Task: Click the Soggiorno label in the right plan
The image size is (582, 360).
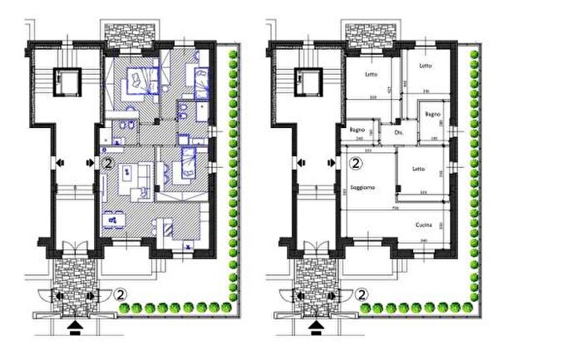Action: coord(363,187)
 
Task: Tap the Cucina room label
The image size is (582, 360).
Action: coord(427,225)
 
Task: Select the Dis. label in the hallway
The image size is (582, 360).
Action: coord(398,132)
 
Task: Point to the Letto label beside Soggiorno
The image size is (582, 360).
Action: coord(417,170)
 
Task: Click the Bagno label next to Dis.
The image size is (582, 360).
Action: coord(357,130)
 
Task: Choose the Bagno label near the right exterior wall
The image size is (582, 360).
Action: coord(432,113)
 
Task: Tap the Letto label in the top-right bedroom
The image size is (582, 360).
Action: coord(425,67)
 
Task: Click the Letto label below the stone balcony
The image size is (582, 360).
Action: coord(371,75)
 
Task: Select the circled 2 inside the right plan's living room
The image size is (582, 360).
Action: coord(355,165)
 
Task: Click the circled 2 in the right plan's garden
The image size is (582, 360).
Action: coord(362,293)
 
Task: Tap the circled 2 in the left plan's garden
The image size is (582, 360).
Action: coord(121,293)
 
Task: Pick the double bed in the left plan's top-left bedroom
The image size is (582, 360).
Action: coord(134,81)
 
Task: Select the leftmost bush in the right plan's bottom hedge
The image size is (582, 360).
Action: coord(365,308)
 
